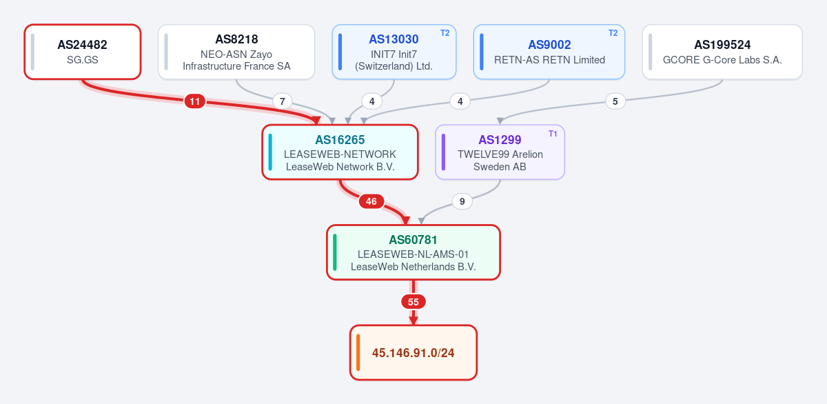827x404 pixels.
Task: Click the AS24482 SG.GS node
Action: pyautogui.click(x=83, y=52)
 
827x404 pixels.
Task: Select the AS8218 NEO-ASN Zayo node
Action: pyautogui.click(x=236, y=52)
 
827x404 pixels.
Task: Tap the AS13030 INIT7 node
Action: pyautogui.click(x=394, y=52)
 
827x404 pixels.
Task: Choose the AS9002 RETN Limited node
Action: pyautogui.click(x=549, y=52)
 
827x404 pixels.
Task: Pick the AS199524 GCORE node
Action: pyautogui.click(x=722, y=52)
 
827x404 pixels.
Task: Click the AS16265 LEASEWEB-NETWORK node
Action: pyautogui.click(x=340, y=152)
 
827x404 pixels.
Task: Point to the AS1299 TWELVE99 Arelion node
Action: pyautogui.click(x=500, y=152)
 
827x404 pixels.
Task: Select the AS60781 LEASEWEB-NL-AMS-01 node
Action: pyautogui.click(x=413, y=252)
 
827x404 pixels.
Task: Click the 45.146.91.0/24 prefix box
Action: pyautogui.click(x=413, y=353)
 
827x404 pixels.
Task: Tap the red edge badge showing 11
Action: pyautogui.click(x=195, y=101)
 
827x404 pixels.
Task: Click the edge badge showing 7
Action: pyautogui.click(x=283, y=101)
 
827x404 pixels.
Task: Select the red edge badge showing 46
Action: pyautogui.click(x=371, y=201)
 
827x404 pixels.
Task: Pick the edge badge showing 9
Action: pyautogui.click(x=462, y=201)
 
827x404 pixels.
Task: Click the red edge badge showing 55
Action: pyautogui.click(x=413, y=302)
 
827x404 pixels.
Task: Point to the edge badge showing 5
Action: pyautogui.click(x=615, y=101)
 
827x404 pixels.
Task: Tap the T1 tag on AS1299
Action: pyautogui.click(x=553, y=134)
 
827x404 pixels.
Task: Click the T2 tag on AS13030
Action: pyautogui.click(x=445, y=33)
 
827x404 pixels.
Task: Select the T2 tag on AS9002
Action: pyautogui.click(x=613, y=33)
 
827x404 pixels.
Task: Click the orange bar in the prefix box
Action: pyautogui.click(x=358, y=353)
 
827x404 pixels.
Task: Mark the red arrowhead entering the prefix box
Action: pyautogui.click(x=413, y=321)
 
